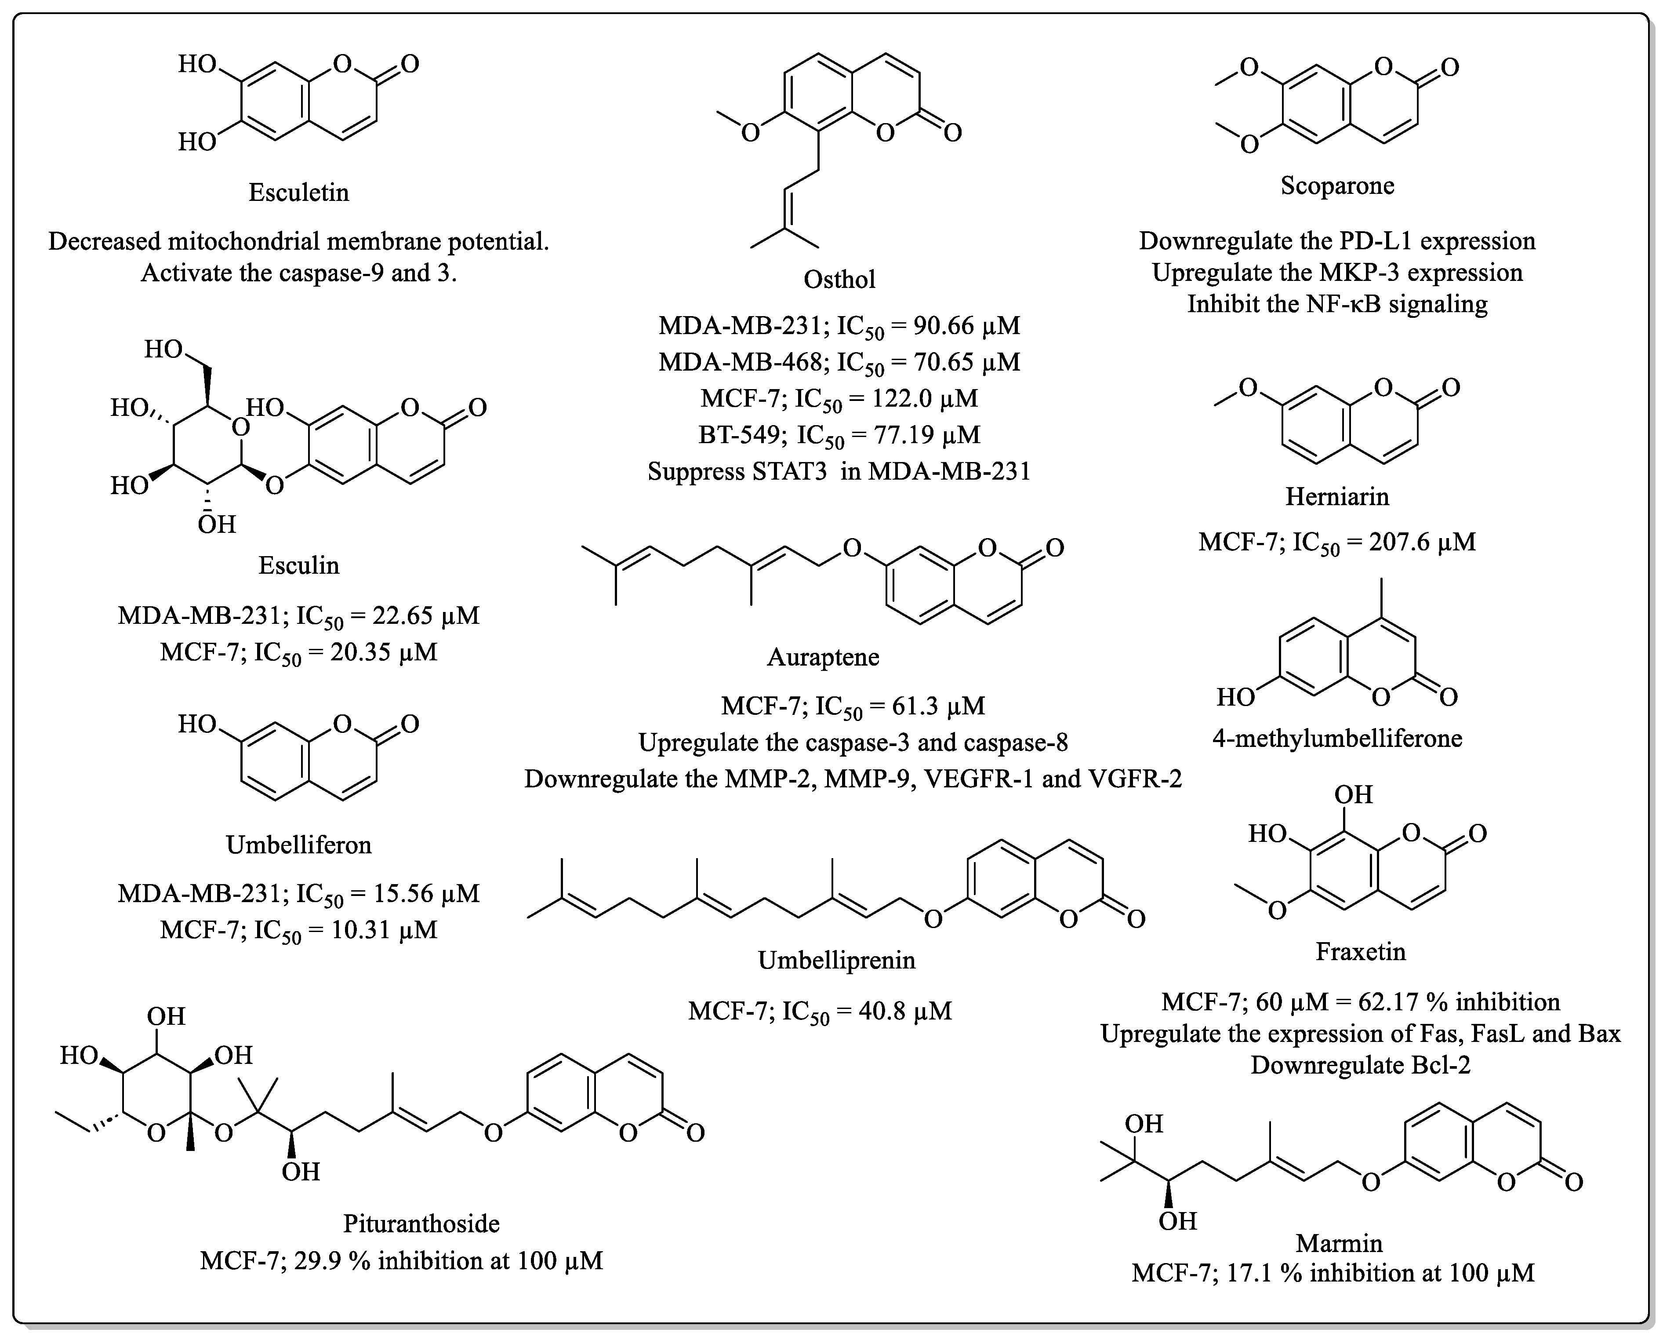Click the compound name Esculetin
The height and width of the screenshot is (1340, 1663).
[299, 192]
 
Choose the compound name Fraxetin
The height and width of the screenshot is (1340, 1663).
[1361, 952]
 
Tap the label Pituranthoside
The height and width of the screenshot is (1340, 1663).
[421, 1223]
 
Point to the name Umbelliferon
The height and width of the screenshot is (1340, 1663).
[299, 845]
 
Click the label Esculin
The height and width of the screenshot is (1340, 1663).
[299, 566]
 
